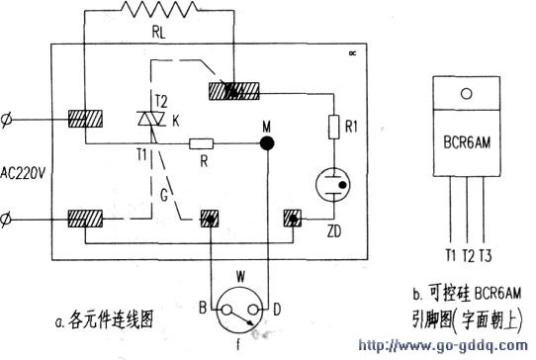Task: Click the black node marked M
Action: tap(266, 143)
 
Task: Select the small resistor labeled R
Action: tap(201, 143)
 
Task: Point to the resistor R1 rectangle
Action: tap(333, 127)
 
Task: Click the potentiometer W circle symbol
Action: tap(237, 300)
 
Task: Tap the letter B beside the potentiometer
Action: tap(202, 309)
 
